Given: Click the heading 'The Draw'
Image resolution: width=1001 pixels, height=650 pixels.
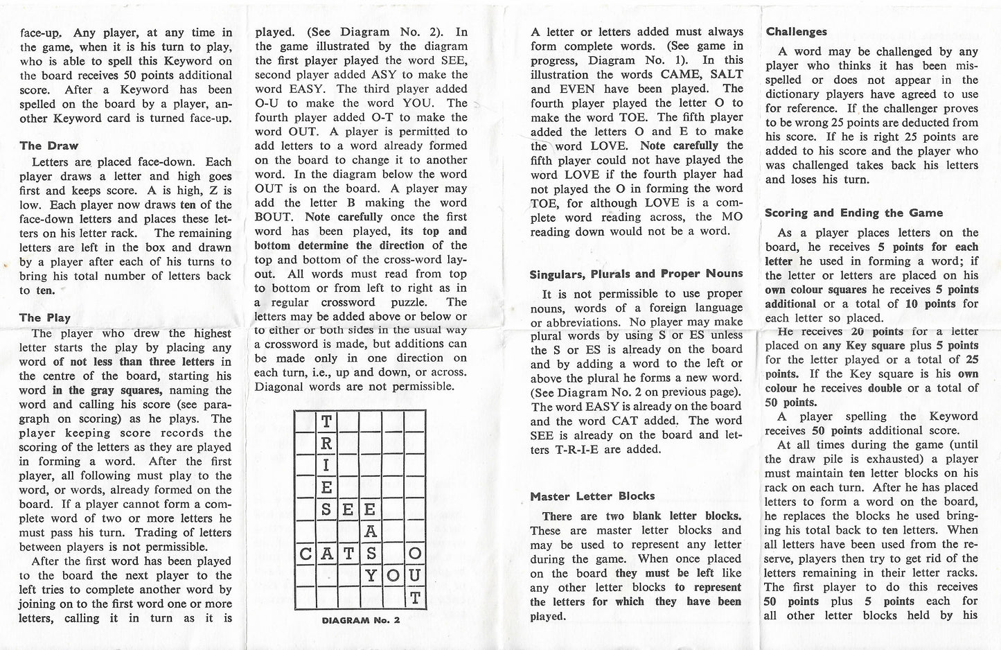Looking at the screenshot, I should [48, 146].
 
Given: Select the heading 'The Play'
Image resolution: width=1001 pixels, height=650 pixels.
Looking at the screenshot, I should [44, 318].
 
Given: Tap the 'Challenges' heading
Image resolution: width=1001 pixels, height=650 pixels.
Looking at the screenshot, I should [796, 32].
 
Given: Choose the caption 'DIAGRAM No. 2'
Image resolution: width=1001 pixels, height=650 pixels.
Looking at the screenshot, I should [361, 621].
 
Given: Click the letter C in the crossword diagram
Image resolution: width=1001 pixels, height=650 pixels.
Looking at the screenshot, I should [305, 554].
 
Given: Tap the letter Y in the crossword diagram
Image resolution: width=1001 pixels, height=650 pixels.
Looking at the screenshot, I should [371, 575].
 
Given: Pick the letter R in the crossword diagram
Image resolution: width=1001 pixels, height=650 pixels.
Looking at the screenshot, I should [326, 443].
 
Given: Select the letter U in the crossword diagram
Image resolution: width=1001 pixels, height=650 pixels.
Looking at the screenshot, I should [414, 575].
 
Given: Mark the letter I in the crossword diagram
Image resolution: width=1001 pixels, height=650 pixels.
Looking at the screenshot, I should [326, 464].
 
